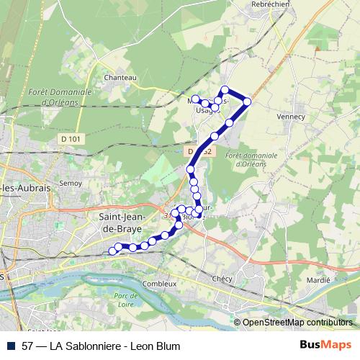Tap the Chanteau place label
click(120, 77)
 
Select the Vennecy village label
click(291, 115)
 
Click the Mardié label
click(318, 279)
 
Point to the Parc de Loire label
click(125, 300)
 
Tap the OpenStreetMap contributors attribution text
click(297, 323)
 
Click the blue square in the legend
click(10, 346)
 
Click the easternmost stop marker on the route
click(247, 102)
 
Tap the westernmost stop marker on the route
click(112, 251)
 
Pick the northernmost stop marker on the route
click(225, 90)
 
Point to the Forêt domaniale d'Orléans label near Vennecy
click(241, 159)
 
